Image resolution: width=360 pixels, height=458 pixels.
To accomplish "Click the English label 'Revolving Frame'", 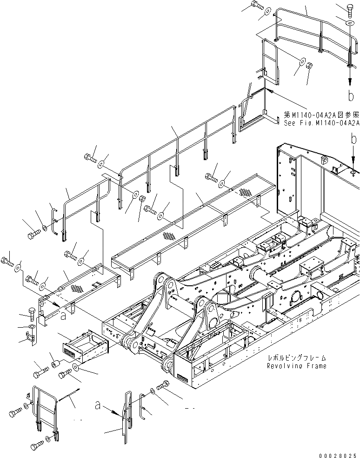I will pyautogui.click(x=297, y=366).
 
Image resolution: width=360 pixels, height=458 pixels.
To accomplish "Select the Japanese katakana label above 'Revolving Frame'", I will pyautogui.click(x=297, y=358).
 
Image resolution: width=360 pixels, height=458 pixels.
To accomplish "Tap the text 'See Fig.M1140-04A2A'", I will pyautogui.click(x=321, y=123).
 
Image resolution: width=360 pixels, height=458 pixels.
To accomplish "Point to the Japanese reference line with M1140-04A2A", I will pyautogui.click(x=321, y=114).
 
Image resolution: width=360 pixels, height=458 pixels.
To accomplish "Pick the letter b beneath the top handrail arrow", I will pyautogui.click(x=350, y=96).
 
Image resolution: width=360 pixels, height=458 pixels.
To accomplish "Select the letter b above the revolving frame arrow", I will pyautogui.click(x=354, y=138).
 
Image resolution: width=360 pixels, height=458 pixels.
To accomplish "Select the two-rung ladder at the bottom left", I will pyautogui.click(x=46, y=409).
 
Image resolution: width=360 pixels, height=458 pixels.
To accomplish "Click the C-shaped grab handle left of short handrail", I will pyautogui.click(x=54, y=220).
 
